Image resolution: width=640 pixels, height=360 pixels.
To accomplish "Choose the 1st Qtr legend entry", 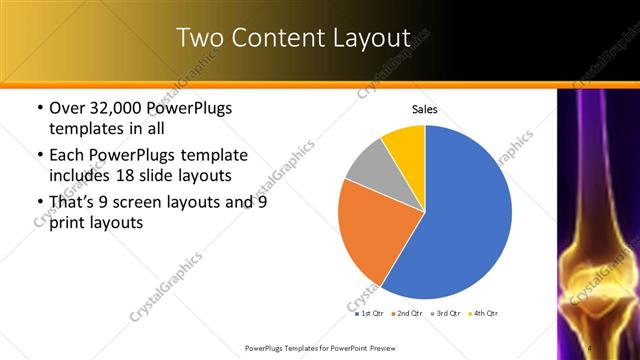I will click(369, 313).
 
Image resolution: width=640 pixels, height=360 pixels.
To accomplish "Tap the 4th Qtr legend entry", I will click(483, 313).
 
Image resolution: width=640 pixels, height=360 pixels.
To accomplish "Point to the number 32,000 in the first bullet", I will click(116, 108).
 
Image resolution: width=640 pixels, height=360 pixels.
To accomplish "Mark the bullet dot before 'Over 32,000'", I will click(38, 108).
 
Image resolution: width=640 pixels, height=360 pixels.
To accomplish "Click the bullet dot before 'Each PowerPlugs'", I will click(38, 156).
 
